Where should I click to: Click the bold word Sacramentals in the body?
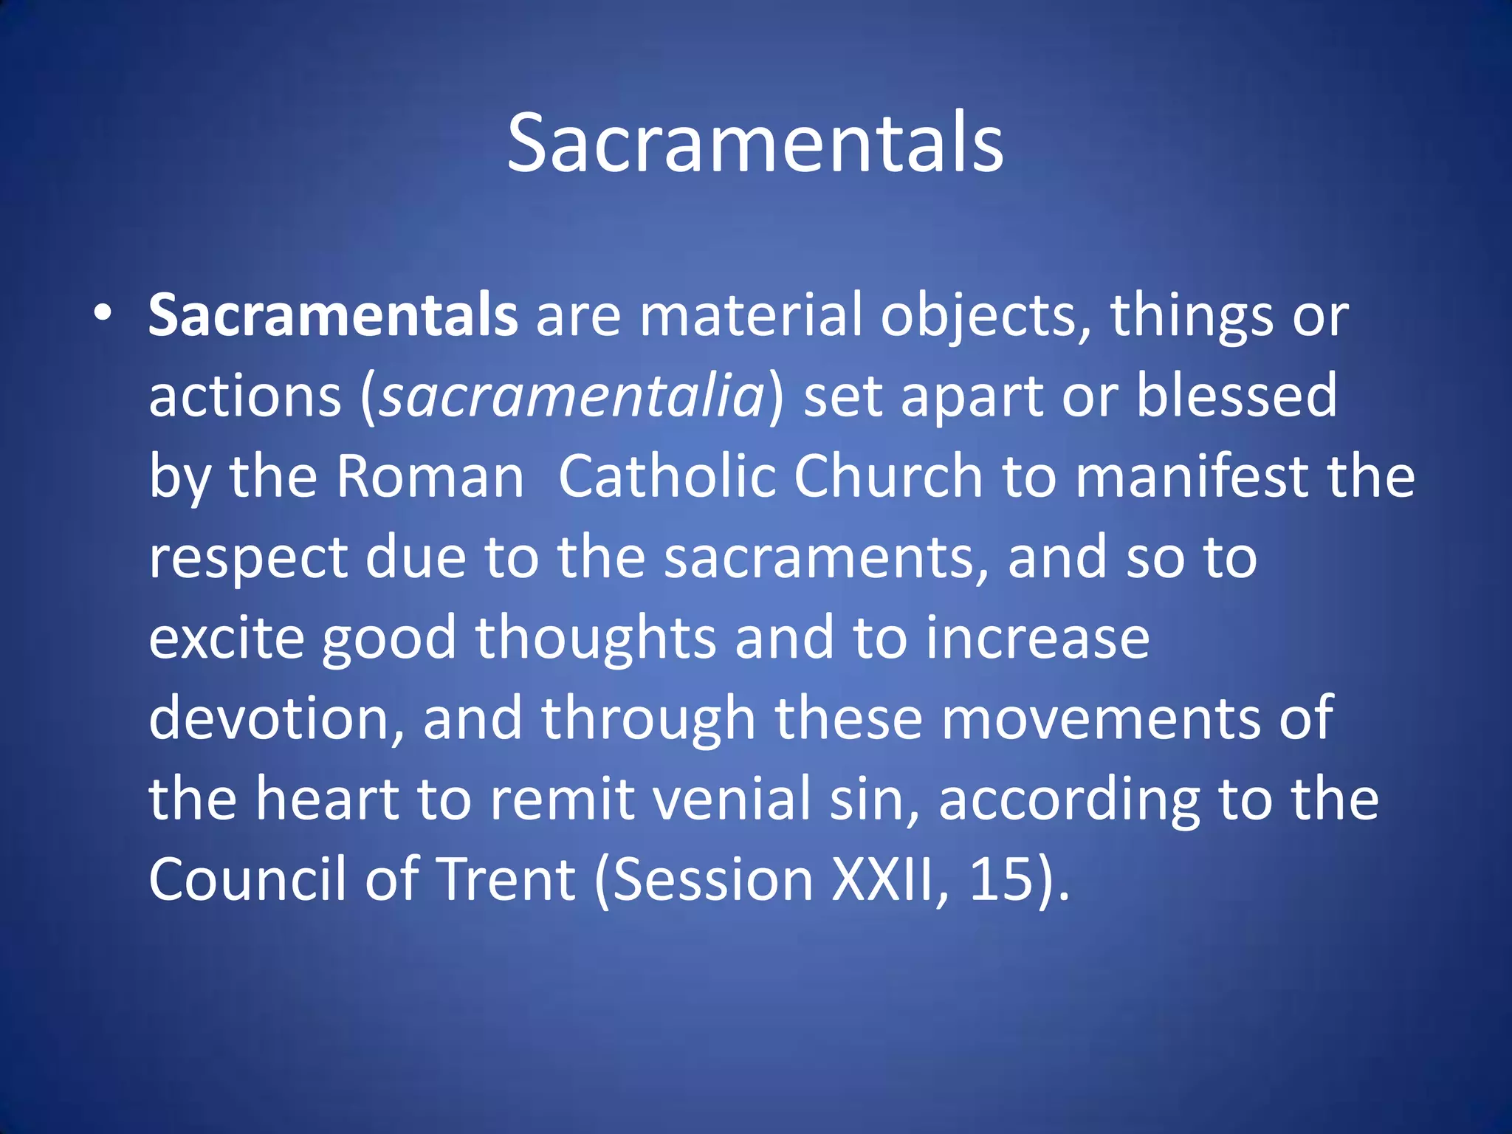[x=333, y=316]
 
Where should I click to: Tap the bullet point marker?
[x=103, y=313]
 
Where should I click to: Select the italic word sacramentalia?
[x=572, y=396]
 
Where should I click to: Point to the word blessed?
[x=1236, y=395]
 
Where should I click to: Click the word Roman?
[x=430, y=476]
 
